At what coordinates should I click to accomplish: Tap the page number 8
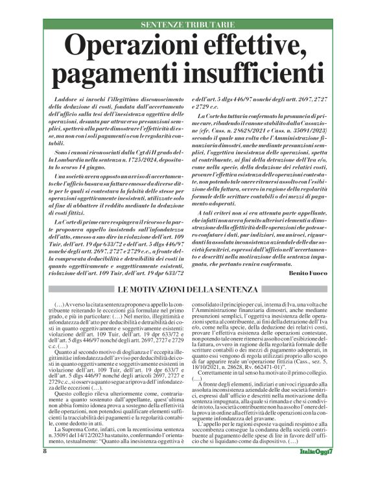(45, 469)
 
